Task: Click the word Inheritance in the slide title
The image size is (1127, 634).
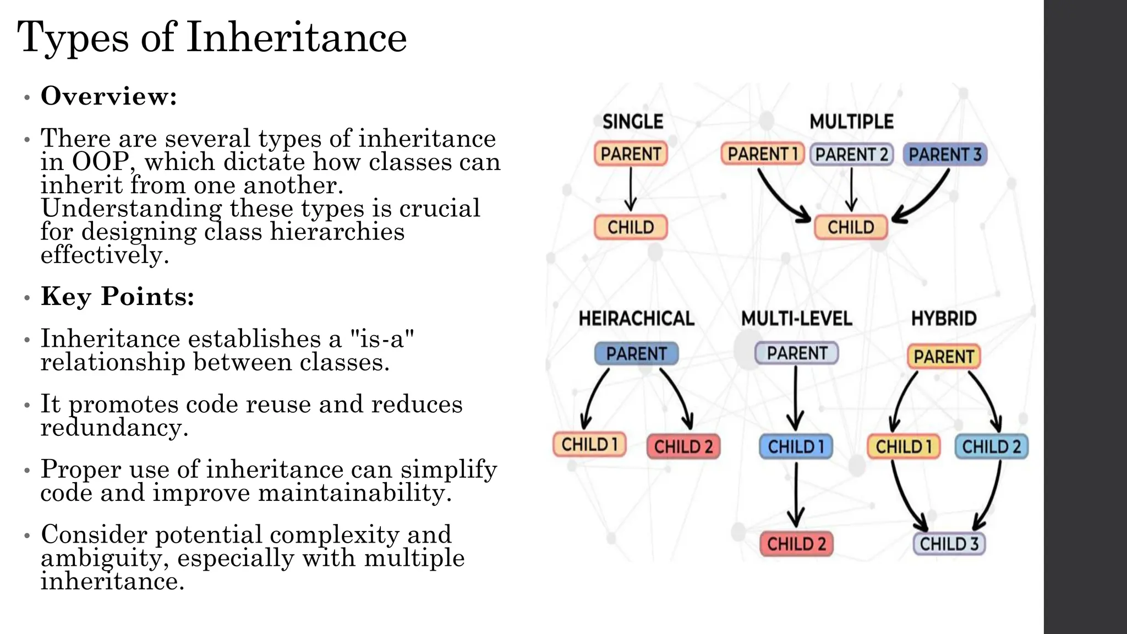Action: (x=297, y=39)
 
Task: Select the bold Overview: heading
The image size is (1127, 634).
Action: (x=109, y=96)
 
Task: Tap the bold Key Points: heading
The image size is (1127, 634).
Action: (x=117, y=297)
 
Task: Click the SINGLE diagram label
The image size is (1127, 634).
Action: (x=632, y=122)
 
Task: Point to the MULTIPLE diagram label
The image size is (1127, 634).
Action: (x=851, y=122)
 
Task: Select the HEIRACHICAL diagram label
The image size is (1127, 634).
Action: (x=636, y=319)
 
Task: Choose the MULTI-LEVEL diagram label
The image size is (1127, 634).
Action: (x=796, y=319)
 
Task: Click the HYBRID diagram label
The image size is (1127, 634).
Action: (x=944, y=319)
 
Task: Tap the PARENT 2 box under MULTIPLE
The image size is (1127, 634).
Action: (x=851, y=155)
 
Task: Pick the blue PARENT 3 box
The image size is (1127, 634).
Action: (x=945, y=155)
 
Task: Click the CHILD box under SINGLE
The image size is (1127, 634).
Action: (x=631, y=227)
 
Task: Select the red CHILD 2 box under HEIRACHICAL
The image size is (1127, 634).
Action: (x=683, y=446)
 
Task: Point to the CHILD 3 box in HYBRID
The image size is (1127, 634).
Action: (x=949, y=544)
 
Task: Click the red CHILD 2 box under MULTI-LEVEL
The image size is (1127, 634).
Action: (x=796, y=544)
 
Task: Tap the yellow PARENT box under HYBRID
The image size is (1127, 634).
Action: (x=944, y=357)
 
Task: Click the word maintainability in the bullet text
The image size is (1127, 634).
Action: (x=354, y=493)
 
